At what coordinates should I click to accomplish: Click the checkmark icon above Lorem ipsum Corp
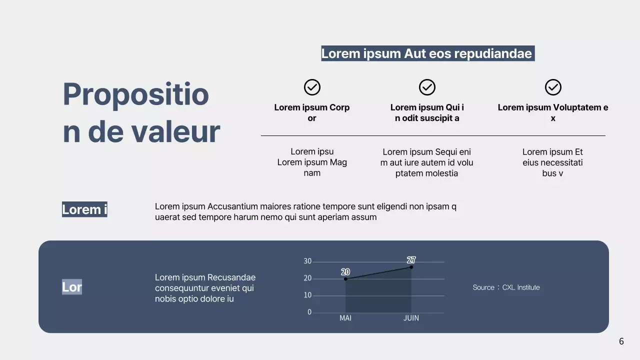[312, 87]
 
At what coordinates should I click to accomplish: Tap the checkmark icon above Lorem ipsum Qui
[427, 87]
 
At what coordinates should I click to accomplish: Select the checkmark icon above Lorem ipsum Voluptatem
[553, 87]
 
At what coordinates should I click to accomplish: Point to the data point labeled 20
[345, 279]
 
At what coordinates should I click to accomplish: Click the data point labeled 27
[411, 267]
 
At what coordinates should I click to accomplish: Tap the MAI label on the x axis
[345, 318]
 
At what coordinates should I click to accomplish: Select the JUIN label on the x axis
[411, 318]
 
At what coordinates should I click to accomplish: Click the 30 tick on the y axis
[307, 261]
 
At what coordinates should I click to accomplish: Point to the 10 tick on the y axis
[307, 295]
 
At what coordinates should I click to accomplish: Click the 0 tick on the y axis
[309, 312]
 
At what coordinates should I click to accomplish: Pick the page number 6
[621, 341]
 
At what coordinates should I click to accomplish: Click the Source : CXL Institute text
[506, 287]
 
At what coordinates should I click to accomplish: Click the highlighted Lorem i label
[84, 209]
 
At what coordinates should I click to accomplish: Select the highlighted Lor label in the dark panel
[72, 287]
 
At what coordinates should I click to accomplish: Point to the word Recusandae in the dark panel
[231, 277]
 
